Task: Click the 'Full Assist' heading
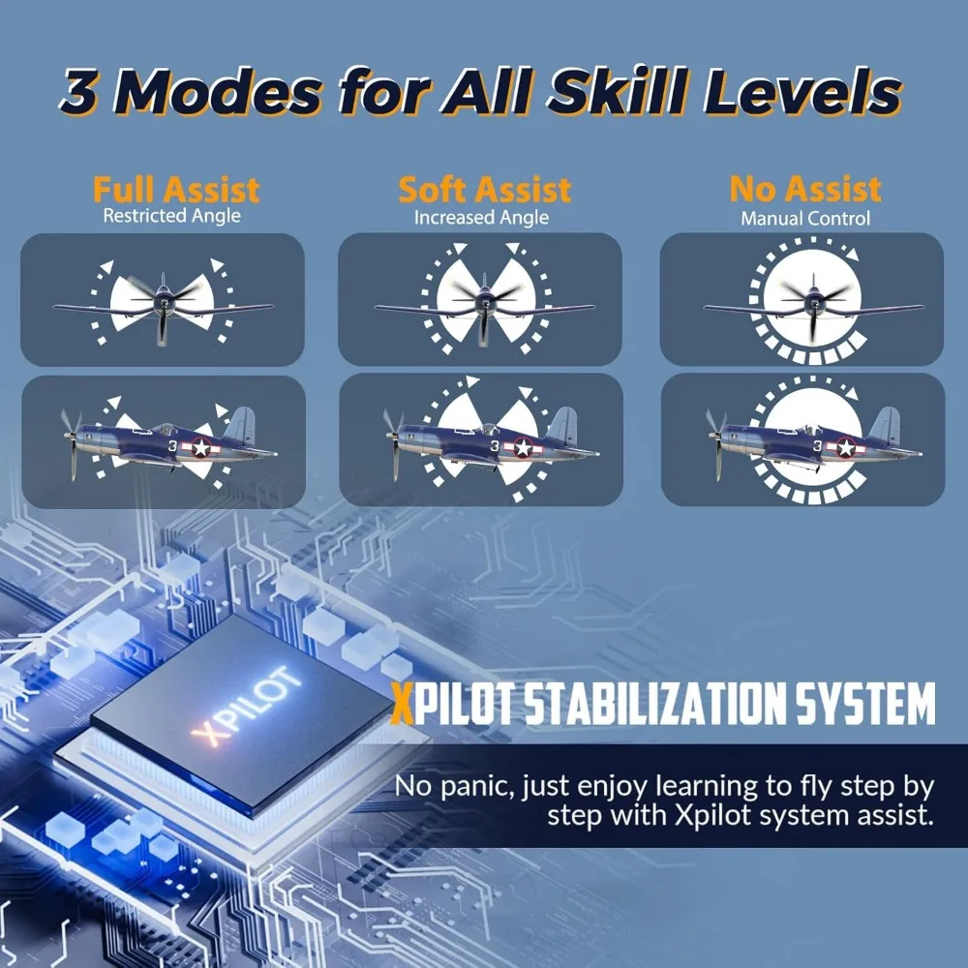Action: [176, 190]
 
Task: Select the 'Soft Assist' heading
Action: [485, 190]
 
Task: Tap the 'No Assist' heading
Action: [805, 189]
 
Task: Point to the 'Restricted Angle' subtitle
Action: [171, 216]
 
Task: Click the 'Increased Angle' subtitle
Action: [481, 217]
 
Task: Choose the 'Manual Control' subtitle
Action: [805, 219]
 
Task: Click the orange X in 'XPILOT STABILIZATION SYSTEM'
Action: [403, 705]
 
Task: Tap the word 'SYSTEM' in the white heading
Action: [864, 704]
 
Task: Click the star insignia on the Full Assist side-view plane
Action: [202, 447]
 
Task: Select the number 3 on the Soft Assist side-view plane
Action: [495, 445]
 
